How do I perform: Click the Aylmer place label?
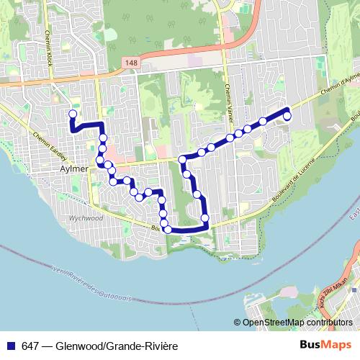click(75, 168)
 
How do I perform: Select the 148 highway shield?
click(130, 63)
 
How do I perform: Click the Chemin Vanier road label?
click(228, 94)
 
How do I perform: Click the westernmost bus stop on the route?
click(72, 114)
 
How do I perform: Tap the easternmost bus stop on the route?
click(287, 116)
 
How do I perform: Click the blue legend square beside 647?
click(9, 346)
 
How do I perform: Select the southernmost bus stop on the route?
click(168, 229)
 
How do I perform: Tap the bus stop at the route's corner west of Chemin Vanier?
click(183, 159)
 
